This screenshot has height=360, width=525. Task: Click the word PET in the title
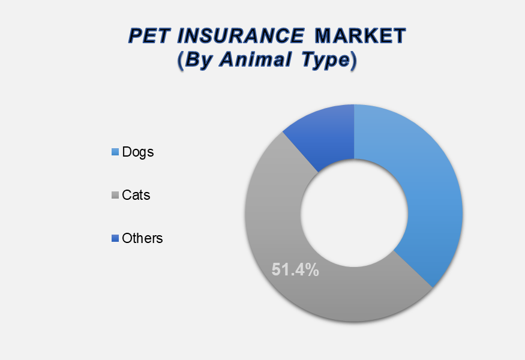[x=148, y=36]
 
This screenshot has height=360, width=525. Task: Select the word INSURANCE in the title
[x=241, y=36]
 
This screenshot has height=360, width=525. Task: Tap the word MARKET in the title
[x=360, y=36]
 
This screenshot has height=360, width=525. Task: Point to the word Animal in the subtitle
[x=255, y=59]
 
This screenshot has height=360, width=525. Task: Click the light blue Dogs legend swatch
[x=115, y=152]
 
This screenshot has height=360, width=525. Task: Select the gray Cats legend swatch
[x=115, y=195]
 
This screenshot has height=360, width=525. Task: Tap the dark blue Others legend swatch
[x=115, y=238]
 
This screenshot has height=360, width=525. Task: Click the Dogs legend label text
[x=138, y=152]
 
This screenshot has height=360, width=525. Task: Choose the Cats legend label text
[x=136, y=195]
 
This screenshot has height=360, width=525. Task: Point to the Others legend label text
[x=142, y=238]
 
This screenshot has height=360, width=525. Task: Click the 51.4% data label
[x=295, y=269]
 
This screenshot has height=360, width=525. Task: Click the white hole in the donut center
[x=354, y=214]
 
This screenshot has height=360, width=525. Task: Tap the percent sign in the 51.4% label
[x=312, y=269]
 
